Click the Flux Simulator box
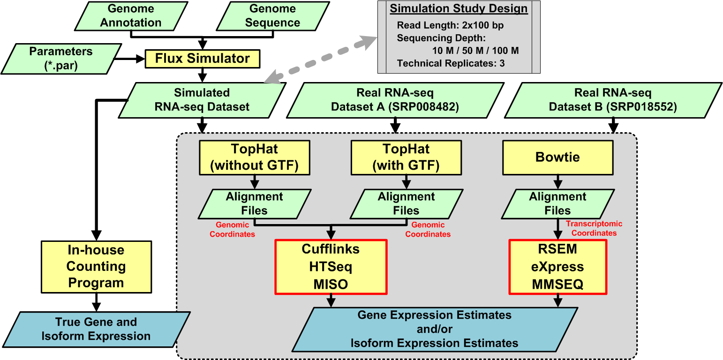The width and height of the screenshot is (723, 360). [202, 59]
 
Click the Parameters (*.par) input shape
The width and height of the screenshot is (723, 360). [61, 59]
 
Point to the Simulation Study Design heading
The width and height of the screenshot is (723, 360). [459, 9]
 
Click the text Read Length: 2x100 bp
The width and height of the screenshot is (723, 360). [450, 26]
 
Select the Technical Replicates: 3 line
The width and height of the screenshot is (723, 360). [451, 63]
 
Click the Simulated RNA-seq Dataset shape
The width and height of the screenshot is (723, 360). [202, 100]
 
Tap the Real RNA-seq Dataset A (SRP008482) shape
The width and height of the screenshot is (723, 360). [395, 100]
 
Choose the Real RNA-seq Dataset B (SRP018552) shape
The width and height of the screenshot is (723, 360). [612, 100]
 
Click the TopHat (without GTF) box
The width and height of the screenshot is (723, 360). [255, 157]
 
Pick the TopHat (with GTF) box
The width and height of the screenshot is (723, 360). [406, 157]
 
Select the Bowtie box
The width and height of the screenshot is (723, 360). [557, 157]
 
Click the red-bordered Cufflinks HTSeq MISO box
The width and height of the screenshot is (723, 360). [331, 267]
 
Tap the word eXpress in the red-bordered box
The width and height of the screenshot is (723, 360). [557, 267]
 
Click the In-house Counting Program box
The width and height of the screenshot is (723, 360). [96, 267]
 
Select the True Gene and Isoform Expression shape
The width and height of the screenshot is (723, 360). [96, 329]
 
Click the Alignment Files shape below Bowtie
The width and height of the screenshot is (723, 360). [557, 203]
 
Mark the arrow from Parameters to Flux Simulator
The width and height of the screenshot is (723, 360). [129, 59]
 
